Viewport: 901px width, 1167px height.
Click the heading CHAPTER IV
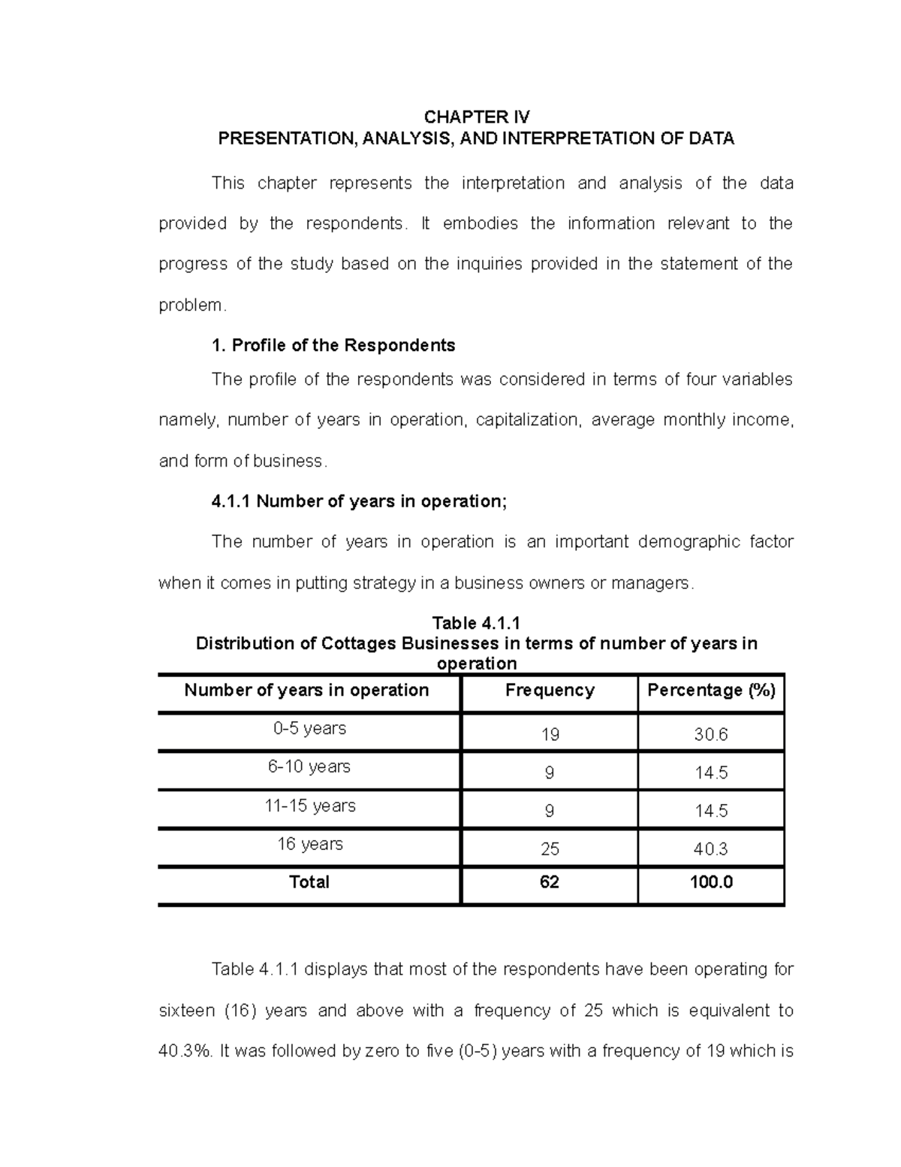477,117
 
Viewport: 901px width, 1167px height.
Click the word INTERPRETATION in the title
585,139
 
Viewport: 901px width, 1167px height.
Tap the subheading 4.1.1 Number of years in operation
360,502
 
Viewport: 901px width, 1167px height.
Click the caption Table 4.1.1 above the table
476,624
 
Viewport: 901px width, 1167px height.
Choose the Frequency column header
550,691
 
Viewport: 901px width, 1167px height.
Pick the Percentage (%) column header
711,691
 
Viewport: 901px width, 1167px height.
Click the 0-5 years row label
309,729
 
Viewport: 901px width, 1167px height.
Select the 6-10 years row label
309,767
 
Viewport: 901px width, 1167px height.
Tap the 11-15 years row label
309,806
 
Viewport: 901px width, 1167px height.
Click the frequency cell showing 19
550,735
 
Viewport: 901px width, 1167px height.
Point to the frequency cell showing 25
550,850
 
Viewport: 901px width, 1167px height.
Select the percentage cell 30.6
711,735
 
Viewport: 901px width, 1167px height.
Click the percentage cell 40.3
711,850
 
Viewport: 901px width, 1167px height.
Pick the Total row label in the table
309,882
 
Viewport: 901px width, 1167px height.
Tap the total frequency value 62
550,882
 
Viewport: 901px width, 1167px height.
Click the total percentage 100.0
711,882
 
